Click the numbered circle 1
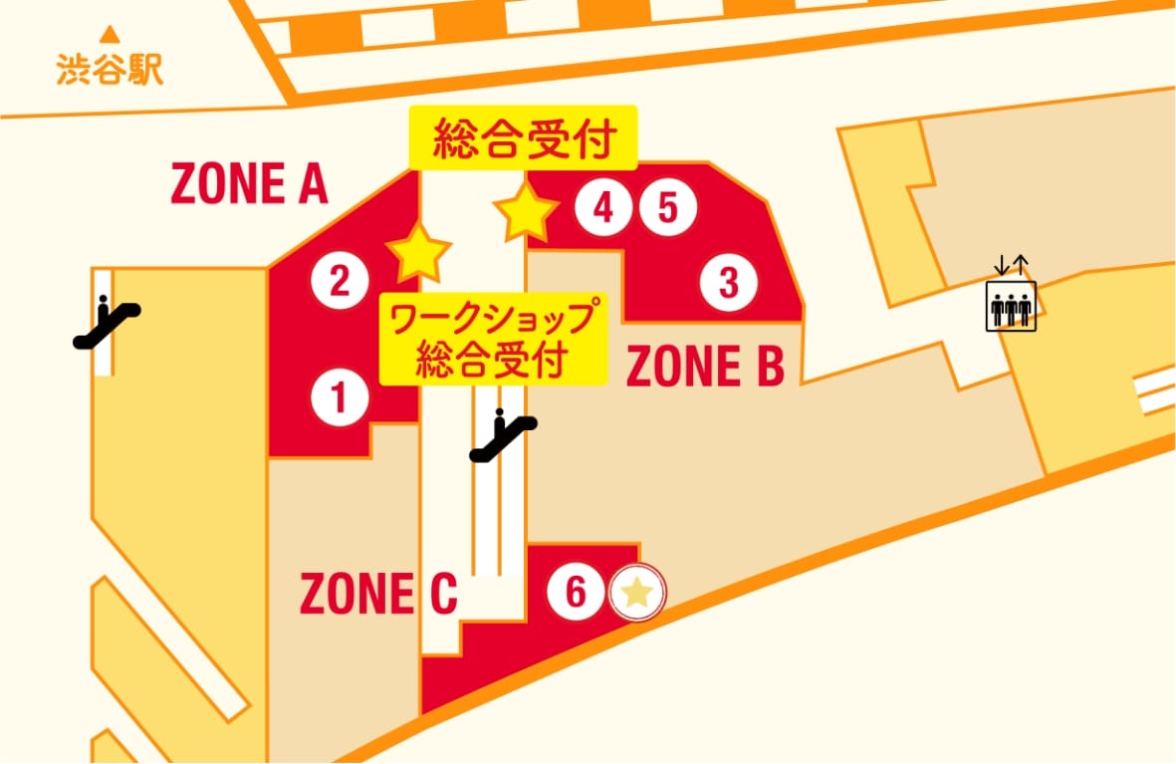coord(340,398)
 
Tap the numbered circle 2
coord(340,281)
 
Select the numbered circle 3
coord(728,283)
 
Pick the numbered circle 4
coord(602,208)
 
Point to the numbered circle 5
coord(667,208)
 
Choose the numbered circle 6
coord(576,593)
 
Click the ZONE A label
coord(249,183)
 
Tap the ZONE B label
coord(705,366)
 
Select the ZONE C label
coord(378,595)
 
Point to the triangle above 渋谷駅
coord(111,43)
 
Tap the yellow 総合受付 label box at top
coord(523,141)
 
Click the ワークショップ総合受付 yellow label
coord(493,339)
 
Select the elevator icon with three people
coord(1011,306)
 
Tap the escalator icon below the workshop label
coord(504,436)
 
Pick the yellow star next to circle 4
coord(526,210)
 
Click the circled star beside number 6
coord(637,594)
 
